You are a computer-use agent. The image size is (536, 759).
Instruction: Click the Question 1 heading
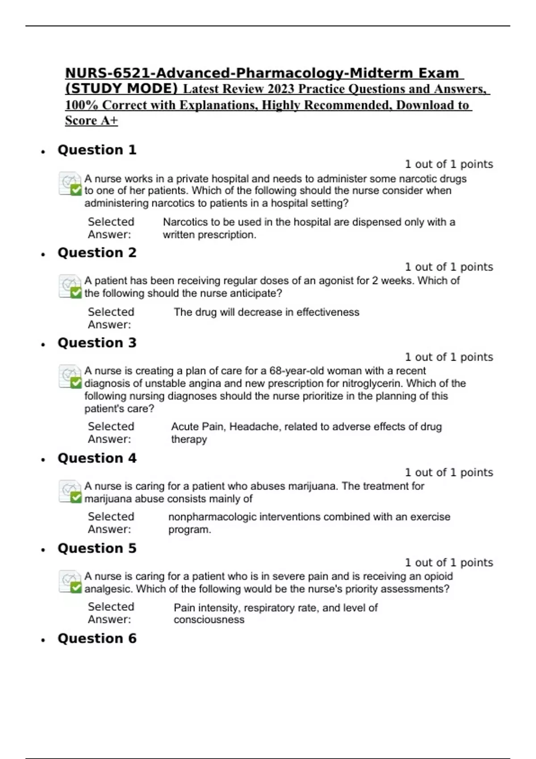(97, 150)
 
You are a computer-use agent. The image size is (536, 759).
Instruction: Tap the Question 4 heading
(97, 459)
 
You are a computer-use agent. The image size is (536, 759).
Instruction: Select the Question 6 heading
(97, 638)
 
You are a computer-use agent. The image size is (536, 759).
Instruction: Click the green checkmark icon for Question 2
(76, 292)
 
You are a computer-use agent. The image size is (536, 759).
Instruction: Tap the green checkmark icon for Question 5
(76, 588)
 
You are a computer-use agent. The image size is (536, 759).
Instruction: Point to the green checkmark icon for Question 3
(76, 383)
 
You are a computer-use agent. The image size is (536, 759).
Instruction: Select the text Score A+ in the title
(92, 121)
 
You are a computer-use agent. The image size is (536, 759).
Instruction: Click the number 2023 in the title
(281, 89)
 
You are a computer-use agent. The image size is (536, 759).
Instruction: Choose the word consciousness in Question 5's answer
(209, 620)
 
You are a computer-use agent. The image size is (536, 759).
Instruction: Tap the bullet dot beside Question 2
(43, 254)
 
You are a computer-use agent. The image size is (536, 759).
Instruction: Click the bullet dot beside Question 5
(43, 550)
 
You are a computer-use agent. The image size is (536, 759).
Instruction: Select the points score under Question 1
(449, 164)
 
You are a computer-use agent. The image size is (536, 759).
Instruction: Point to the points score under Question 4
(449, 473)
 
